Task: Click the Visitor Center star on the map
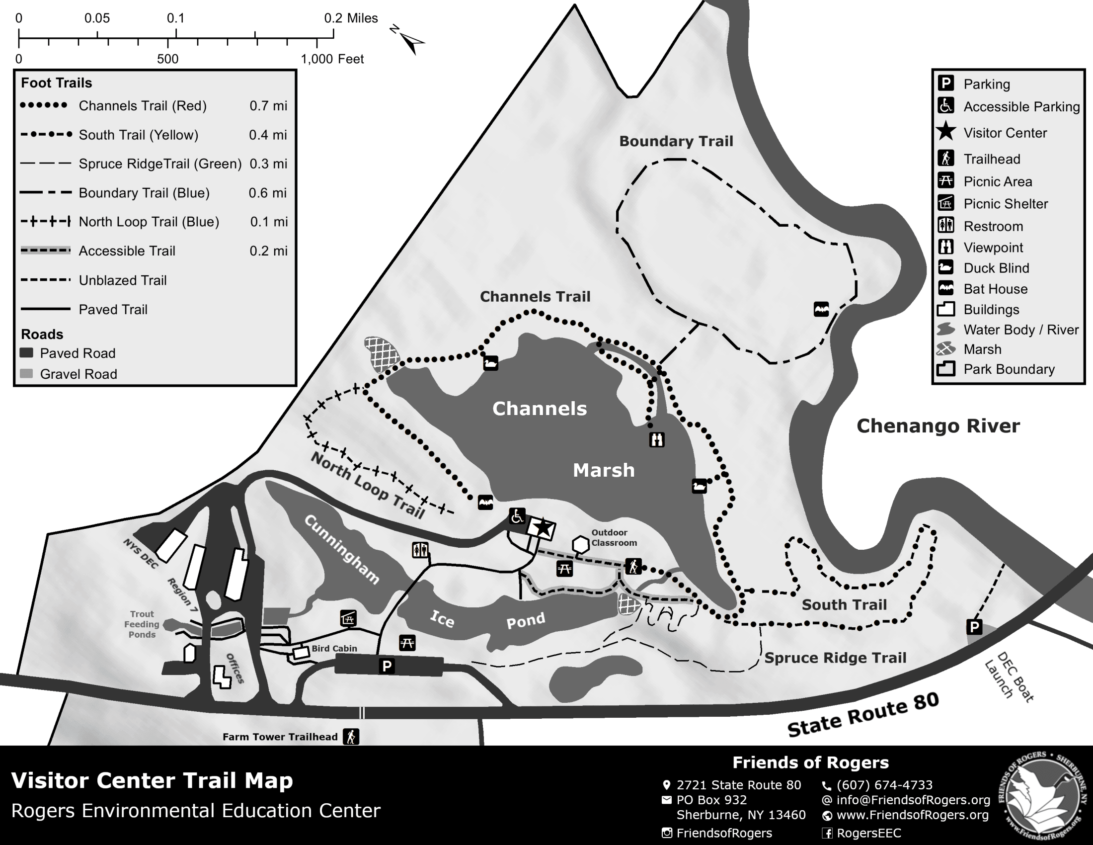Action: pos(543,527)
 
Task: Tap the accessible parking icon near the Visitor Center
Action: pos(517,515)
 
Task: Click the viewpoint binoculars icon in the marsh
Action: pos(657,439)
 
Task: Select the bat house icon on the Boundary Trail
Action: pos(821,309)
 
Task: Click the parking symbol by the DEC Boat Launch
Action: pos(974,626)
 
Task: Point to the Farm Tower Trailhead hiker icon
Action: pos(351,736)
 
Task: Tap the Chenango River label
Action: pos(938,426)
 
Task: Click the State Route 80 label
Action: pos(863,716)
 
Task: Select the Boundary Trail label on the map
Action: pos(676,141)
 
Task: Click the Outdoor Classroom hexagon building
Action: pos(580,544)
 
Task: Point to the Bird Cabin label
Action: pos(334,648)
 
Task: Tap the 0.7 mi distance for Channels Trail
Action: pos(268,105)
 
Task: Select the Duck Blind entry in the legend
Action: pos(996,268)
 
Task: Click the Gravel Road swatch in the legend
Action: pos(26,373)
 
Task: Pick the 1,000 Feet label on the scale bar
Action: pos(332,59)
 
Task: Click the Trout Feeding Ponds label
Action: pos(142,624)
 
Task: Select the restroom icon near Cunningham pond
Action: pos(419,550)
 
